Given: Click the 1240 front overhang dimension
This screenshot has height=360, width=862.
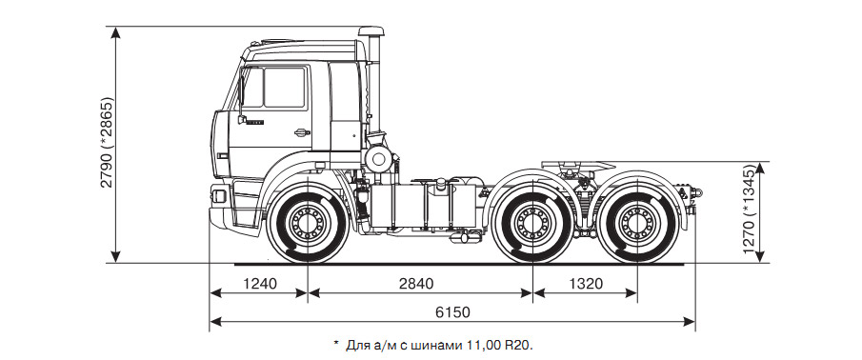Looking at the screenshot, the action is coord(258,284).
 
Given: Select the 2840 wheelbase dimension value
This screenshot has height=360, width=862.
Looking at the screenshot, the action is coord(416,284).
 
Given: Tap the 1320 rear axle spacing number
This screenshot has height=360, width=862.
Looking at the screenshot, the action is coord(585,284).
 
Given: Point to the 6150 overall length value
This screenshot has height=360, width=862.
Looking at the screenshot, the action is coord(452,312).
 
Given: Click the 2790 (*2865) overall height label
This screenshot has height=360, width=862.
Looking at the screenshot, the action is coord(107,142).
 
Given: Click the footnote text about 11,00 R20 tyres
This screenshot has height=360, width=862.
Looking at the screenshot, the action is coord(433,345).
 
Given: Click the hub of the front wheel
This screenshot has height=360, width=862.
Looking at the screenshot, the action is coord(308,223).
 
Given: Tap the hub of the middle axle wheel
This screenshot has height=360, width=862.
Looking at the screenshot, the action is coord(532,223).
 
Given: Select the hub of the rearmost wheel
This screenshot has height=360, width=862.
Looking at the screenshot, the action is coord(636,223).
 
